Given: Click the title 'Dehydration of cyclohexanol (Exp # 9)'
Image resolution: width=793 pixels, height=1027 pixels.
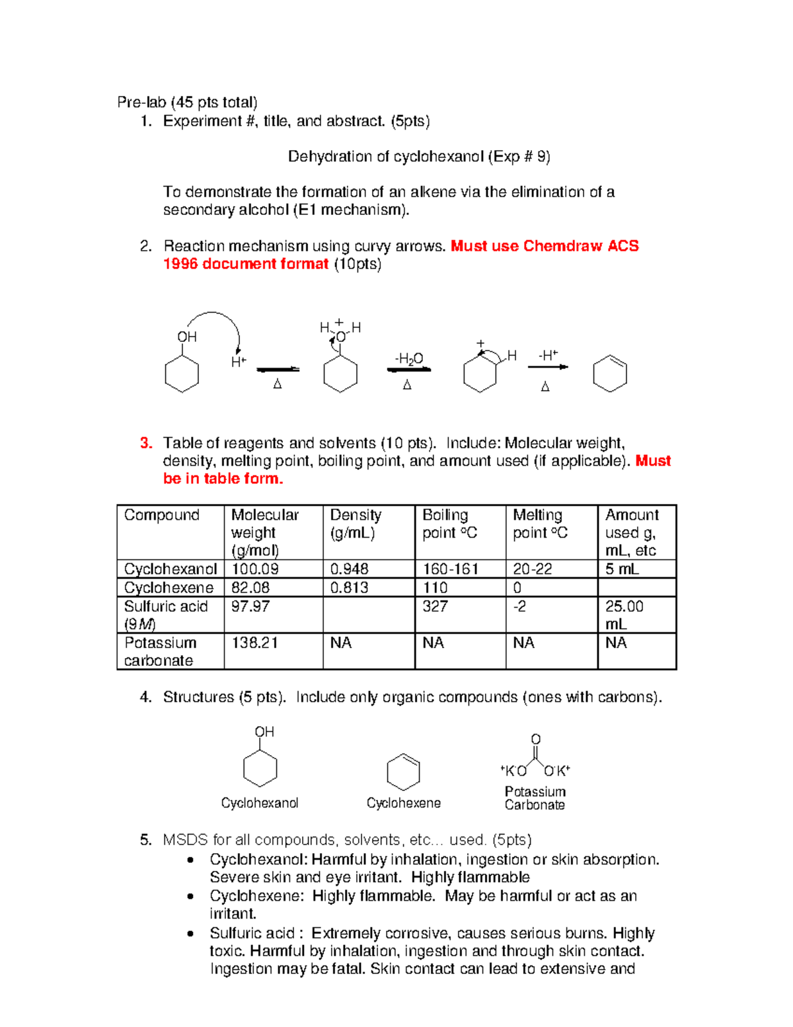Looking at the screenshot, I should click(419, 157).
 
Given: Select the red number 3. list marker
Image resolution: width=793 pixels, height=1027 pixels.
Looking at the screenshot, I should click(146, 443).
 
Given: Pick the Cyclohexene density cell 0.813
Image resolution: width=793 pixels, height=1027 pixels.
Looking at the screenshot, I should click(349, 587).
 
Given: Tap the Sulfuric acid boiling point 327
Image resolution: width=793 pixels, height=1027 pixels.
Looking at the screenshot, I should click(435, 606).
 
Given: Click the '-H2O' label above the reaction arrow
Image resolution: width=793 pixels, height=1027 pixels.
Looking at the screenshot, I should click(409, 358).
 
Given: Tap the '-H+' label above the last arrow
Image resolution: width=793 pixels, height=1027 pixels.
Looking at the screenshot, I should click(548, 355).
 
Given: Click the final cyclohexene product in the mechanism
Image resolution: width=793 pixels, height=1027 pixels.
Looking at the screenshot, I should click(610, 374).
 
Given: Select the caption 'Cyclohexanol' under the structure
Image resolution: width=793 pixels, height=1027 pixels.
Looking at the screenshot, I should click(260, 803).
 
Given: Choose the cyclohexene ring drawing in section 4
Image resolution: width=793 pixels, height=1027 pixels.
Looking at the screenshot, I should click(403, 772).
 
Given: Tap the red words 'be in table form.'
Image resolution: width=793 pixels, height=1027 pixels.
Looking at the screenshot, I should click(223, 479).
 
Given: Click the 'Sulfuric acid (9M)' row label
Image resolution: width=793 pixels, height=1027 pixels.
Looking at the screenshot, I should click(165, 614).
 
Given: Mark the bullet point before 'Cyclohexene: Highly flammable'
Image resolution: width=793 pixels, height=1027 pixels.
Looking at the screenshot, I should click(191, 897).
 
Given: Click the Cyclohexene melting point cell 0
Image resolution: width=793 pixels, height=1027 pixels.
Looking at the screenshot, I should click(517, 587).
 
